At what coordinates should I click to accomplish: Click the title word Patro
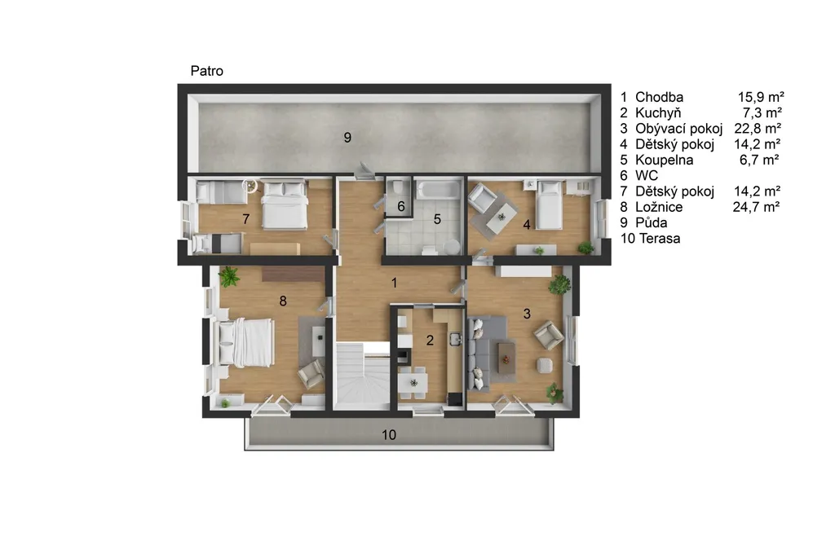206,72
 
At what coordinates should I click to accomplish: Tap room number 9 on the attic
347,138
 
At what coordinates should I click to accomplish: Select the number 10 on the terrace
389,435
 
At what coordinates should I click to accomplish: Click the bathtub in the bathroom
438,190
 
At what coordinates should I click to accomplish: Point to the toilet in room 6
396,187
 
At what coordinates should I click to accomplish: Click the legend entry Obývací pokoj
679,129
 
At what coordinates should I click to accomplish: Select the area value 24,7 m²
756,207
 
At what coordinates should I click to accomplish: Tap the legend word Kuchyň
658,113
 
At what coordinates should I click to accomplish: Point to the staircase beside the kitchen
363,376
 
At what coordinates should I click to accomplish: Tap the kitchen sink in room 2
456,339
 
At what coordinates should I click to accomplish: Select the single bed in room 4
550,205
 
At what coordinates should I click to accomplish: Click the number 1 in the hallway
394,283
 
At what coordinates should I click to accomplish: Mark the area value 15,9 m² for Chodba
761,98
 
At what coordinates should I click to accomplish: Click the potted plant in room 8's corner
229,277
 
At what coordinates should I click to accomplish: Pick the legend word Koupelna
664,160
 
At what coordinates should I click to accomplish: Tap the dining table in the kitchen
413,381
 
